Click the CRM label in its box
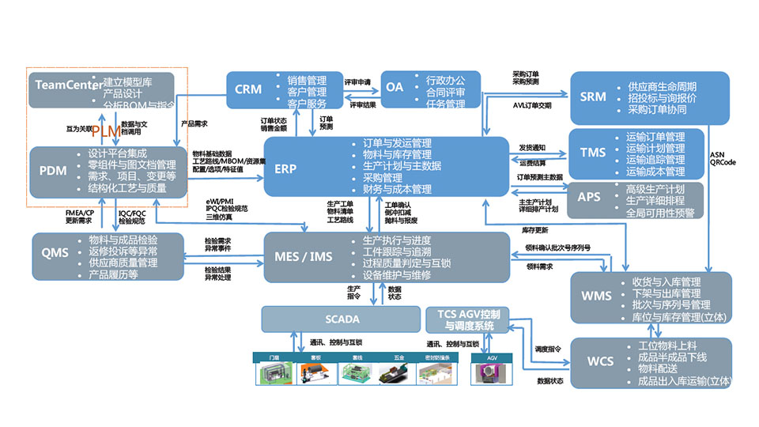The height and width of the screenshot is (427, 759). click(248, 89)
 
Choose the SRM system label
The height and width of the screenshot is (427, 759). click(593, 97)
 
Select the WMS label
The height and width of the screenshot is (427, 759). click(596, 297)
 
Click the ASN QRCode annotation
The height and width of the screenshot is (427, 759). click(722, 158)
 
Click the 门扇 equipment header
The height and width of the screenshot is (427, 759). click(274, 358)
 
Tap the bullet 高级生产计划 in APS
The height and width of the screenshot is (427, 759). click(655, 188)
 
